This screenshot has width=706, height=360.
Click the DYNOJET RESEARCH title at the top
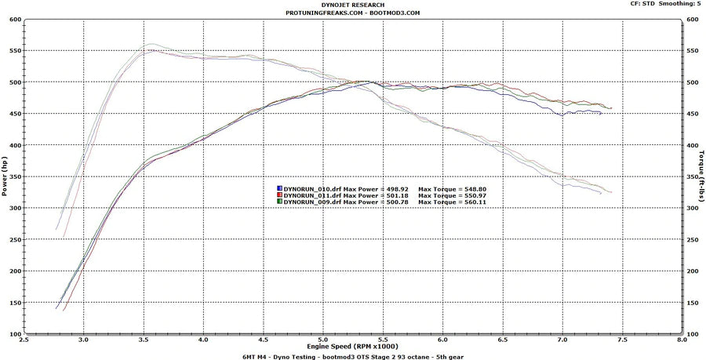352,5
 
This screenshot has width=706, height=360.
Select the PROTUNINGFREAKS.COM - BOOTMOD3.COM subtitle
352,13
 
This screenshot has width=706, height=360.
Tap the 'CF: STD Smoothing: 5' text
665,4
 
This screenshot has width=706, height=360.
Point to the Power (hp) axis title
6,177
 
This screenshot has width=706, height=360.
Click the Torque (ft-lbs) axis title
701,177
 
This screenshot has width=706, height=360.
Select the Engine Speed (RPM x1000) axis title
352,346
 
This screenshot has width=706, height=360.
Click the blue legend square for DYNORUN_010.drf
279,189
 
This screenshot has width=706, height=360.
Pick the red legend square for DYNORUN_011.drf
279,195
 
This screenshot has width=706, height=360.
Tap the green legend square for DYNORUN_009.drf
279,202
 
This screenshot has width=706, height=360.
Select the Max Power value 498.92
393,189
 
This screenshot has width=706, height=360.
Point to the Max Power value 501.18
393,195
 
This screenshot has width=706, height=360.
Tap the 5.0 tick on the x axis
322,340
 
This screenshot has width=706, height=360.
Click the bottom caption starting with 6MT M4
352,355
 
